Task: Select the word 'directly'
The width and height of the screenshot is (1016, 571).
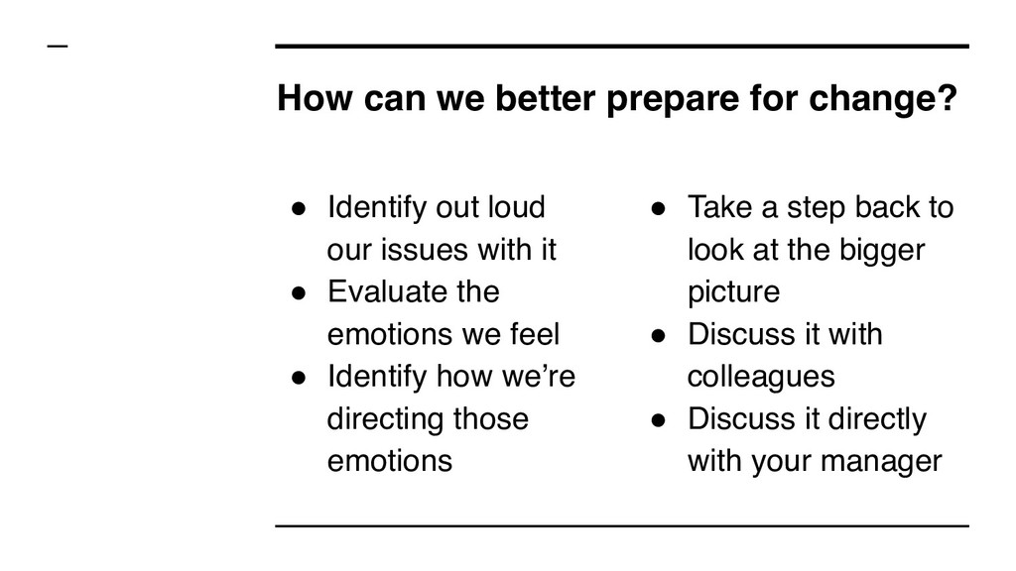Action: [x=878, y=418]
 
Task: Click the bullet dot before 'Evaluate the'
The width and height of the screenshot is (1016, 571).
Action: [x=297, y=293]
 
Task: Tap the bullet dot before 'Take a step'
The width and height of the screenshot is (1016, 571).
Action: [x=657, y=209]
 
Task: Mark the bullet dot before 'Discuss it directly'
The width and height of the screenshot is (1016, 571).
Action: [x=657, y=419]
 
